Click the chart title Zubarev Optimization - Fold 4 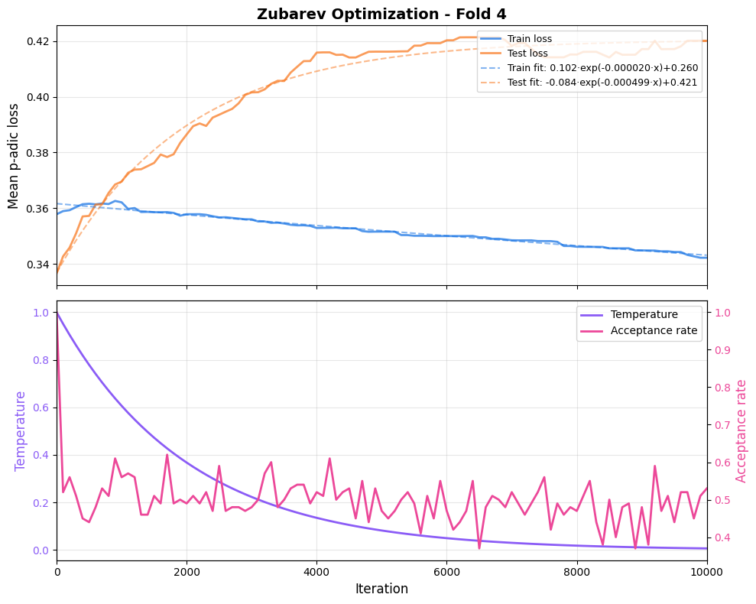click(381, 14)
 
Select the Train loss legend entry click(529, 39)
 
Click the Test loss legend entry click(527, 54)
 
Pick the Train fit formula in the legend click(602, 68)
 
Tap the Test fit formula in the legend click(602, 83)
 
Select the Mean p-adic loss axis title click(14, 155)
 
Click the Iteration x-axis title click(381, 589)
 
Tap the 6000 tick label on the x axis click(446, 570)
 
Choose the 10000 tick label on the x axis click(706, 570)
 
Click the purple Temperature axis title click(21, 430)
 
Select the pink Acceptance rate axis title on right click(741, 430)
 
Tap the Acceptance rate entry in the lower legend click(654, 330)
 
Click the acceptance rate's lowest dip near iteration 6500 click(479, 547)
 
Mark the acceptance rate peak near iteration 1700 click(167, 455)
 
